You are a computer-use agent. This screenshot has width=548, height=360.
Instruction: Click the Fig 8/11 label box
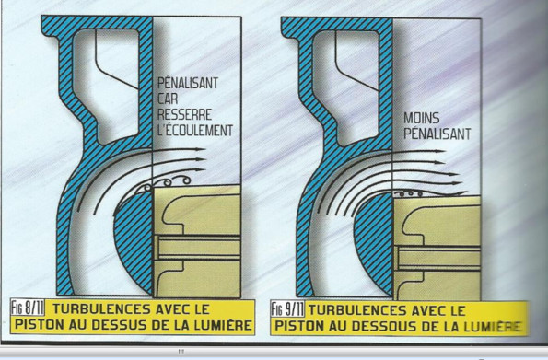point(28,308)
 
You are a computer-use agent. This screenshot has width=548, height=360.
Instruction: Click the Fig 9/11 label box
point(287,309)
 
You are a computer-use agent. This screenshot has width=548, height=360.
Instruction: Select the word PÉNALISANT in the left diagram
point(188,83)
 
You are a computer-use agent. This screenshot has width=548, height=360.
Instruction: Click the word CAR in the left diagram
point(168,99)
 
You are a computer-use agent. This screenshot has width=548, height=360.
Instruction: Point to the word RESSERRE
point(184,115)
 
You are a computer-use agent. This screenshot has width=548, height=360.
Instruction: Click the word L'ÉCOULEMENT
point(194,131)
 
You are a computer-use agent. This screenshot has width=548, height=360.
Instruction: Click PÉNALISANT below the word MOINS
point(437,134)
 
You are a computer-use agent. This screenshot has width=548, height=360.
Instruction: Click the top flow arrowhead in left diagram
point(200,149)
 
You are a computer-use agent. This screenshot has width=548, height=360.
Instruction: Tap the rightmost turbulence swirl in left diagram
point(186,180)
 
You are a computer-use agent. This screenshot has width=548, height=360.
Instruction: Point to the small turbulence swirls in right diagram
point(409,193)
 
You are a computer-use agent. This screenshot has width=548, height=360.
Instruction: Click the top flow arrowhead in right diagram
point(439,151)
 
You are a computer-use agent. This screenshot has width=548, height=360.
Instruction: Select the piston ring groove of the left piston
point(197,249)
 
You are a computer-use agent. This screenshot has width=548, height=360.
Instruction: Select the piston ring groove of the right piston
point(437,259)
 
